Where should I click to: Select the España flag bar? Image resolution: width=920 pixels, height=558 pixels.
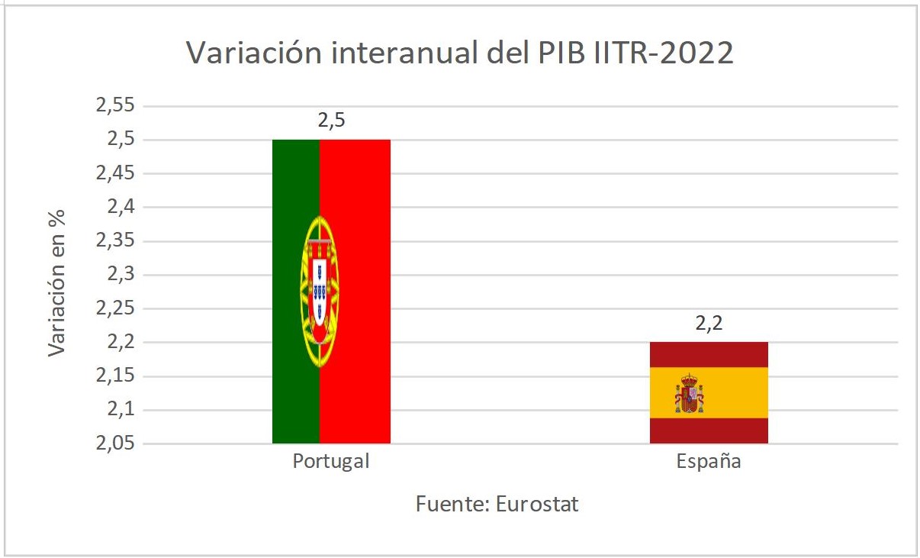[x=709, y=392]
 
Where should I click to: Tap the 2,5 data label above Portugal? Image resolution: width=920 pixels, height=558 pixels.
[x=331, y=120]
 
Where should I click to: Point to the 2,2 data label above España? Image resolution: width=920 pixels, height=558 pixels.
[x=709, y=323]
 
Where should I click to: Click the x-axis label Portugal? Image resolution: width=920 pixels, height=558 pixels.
[x=331, y=462]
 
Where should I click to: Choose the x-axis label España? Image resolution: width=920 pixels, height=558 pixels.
[x=709, y=462]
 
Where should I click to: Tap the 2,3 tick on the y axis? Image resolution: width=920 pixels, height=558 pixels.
[x=121, y=275]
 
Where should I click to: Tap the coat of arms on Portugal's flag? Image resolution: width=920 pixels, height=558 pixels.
[x=320, y=290]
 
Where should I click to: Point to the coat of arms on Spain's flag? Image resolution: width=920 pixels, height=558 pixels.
[x=689, y=394]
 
